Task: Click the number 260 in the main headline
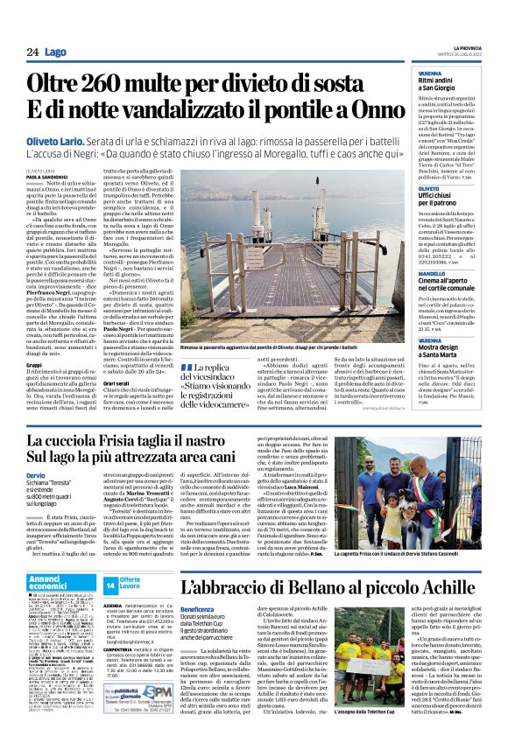[102, 86]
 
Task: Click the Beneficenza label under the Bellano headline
[201, 607]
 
